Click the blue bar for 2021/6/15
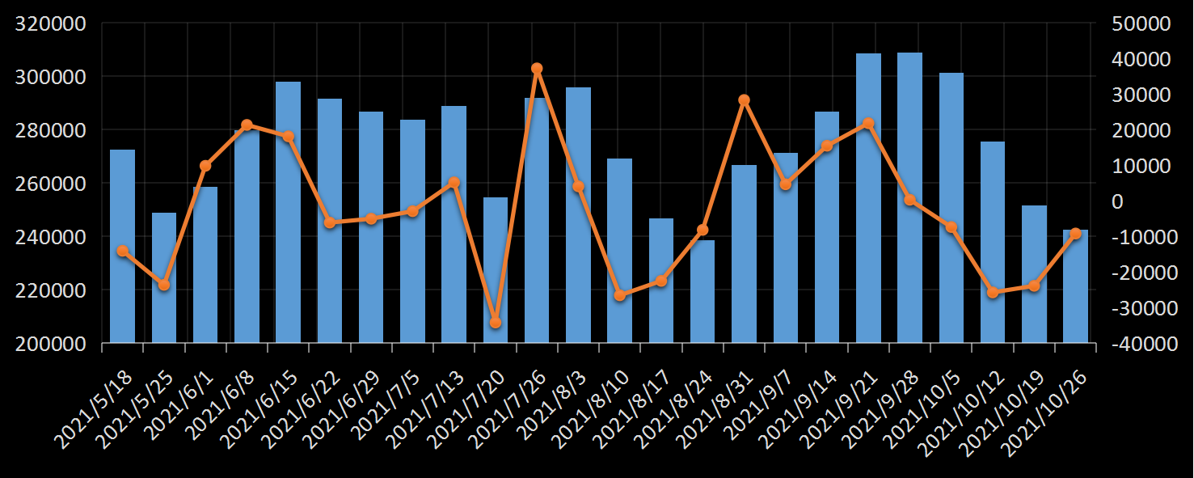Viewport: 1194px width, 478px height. pyautogui.click(x=288, y=212)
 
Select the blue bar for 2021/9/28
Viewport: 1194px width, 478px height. pyautogui.click(x=909, y=197)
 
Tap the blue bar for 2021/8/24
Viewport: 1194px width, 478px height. pyautogui.click(x=702, y=291)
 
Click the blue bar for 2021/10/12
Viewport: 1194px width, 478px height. pyautogui.click(x=993, y=242)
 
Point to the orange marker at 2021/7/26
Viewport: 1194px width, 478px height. pyautogui.click(x=537, y=69)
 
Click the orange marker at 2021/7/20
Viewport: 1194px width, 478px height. pyautogui.click(x=496, y=323)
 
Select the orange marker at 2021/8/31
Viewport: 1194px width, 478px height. pyautogui.click(x=744, y=100)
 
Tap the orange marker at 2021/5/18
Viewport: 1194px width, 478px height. pyautogui.click(x=123, y=251)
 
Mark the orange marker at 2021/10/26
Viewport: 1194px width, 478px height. pyautogui.click(x=1075, y=234)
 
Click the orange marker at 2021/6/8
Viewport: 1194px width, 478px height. pyautogui.click(x=247, y=125)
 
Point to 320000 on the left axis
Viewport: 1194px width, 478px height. pyautogui.click(x=51, y=23)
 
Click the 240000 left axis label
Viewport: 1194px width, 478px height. pyautogui.click(x=51, y=237)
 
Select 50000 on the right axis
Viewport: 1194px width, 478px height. pyautogui.click(x=1141, y=23)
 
